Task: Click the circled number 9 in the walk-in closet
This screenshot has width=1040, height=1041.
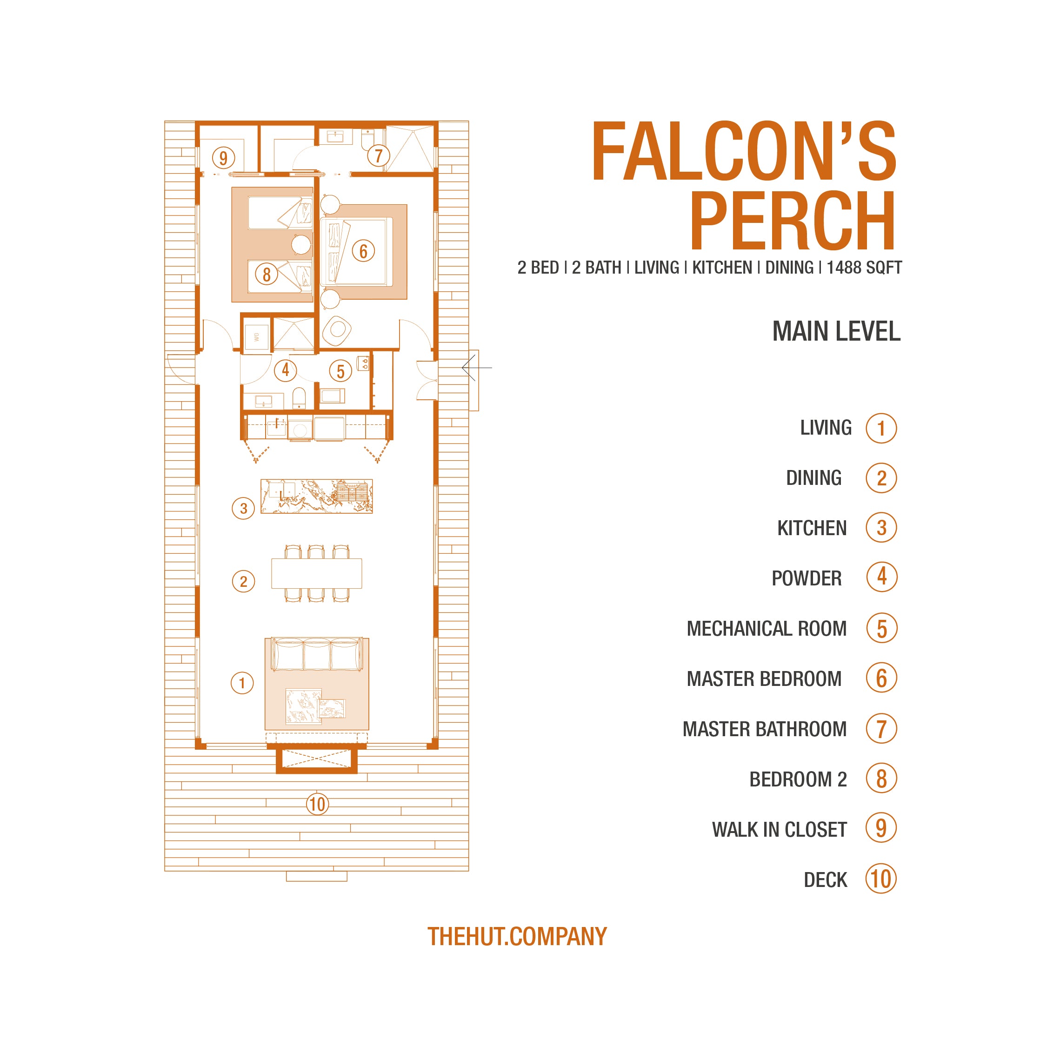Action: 223,158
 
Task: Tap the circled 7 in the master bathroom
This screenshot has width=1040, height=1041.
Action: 379,156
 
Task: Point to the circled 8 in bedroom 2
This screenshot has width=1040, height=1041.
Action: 267,274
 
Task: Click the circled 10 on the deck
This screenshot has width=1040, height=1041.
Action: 317,804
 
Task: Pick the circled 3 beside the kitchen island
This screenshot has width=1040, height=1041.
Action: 243,508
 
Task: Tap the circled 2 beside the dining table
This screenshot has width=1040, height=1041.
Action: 243,581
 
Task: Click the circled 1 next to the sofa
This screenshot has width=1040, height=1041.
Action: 242,683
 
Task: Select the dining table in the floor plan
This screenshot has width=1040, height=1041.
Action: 317,573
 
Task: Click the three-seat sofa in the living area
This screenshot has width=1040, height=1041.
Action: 317,654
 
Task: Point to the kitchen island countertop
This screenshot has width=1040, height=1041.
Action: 317,496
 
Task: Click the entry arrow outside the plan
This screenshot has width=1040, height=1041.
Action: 477,368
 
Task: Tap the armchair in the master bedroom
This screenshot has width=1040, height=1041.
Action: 337,330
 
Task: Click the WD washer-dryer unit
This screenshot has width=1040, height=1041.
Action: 257,337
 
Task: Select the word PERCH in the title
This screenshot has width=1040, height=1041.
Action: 793,221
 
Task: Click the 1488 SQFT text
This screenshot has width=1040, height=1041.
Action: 864,268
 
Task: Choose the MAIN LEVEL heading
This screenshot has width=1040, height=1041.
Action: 836,331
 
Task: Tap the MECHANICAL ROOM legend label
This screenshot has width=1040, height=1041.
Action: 767,628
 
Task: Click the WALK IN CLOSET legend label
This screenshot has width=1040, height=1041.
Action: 780,829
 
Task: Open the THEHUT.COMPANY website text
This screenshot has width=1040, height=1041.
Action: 517,936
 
